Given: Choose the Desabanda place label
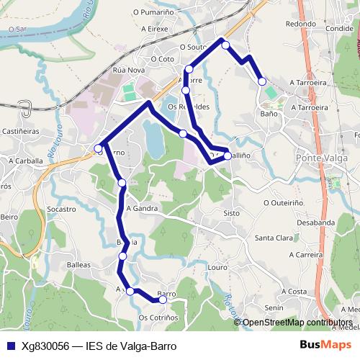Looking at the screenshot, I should pyautogui.click(x=315, y=222).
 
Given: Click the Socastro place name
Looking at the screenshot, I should pyautogui.click(x=61, y=209).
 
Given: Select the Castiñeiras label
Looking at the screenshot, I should pyautogui.click(x=20, y=132).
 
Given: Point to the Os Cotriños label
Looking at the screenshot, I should pyautogui.click(x=158, y=318).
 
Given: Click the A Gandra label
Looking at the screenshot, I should pyautogui.click(x=141, y=208).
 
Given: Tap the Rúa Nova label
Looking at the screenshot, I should pyautogui.click(x=129, y=71).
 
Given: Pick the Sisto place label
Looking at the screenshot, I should pyautogui.click(x=231, y=213).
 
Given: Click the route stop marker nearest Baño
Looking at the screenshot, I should pyautogui.click(x=262, y=81).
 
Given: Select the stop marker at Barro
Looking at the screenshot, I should pyautogui.click(x=163, y=300).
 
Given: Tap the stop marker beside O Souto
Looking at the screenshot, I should pyautogui.click(x=225, y=45).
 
